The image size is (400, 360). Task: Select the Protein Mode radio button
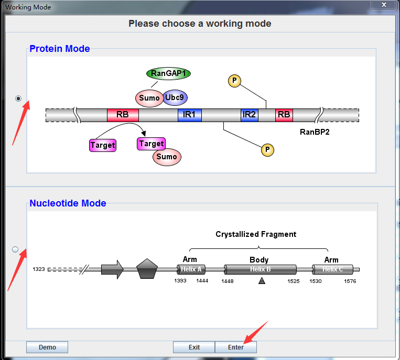coord(19,98)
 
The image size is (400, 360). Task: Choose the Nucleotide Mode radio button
coord(15,249)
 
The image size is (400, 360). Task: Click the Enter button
coord(236,347)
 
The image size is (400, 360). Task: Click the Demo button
coord(47,347)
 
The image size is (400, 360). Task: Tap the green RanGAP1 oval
coord(168,73)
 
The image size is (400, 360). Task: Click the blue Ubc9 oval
coord(175,97)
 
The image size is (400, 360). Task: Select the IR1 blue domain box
coord(189,115)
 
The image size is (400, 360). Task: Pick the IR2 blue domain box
coord(249,115)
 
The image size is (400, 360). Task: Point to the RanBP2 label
coord(315,132)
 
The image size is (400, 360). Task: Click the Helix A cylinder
coord(191,269)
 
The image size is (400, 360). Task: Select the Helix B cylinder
coord(260,269)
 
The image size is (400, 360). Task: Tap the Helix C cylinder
coord(333,269)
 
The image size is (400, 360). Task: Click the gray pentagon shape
coord(147,269)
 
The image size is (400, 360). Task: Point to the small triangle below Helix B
coord(262,281)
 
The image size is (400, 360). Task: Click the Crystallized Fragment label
coord(256,234)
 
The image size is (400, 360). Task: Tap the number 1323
coord(39,269)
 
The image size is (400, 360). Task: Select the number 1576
coord(350,281)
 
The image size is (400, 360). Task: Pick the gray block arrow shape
coord(112,269)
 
